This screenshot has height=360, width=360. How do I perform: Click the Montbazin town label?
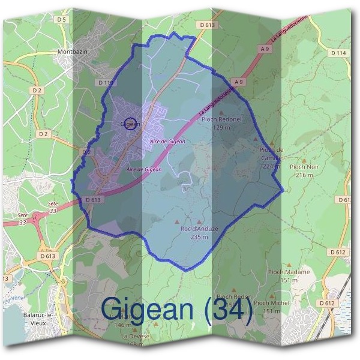[x=73, y=52]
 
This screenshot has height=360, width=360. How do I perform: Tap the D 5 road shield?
[x=61, y=20]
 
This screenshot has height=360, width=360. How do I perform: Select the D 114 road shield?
[x=338, y=53]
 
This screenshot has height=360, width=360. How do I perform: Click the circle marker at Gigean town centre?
[x=130, y=123]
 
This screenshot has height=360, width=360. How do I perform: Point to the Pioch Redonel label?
[x=221, y=119]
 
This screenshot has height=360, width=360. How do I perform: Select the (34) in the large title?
[x=227, y=309]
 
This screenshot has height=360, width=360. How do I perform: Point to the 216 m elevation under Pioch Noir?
[x=304, y=175]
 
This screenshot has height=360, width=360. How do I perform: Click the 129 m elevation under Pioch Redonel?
[x=221, y=127]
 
